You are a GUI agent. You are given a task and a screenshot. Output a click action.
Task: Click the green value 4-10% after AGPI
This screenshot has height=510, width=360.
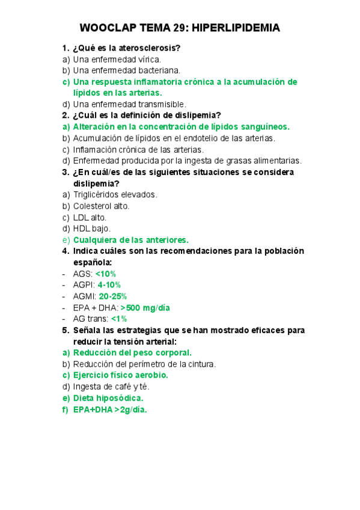(x=109, y=284)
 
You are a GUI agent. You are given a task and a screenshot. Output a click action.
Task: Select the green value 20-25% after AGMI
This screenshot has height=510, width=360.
(x=113, y=296)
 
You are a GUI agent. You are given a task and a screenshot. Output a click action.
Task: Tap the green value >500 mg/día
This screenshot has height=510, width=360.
(x=145, y=307)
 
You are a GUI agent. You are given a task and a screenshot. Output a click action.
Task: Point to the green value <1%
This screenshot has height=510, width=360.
(x=120, y=319)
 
